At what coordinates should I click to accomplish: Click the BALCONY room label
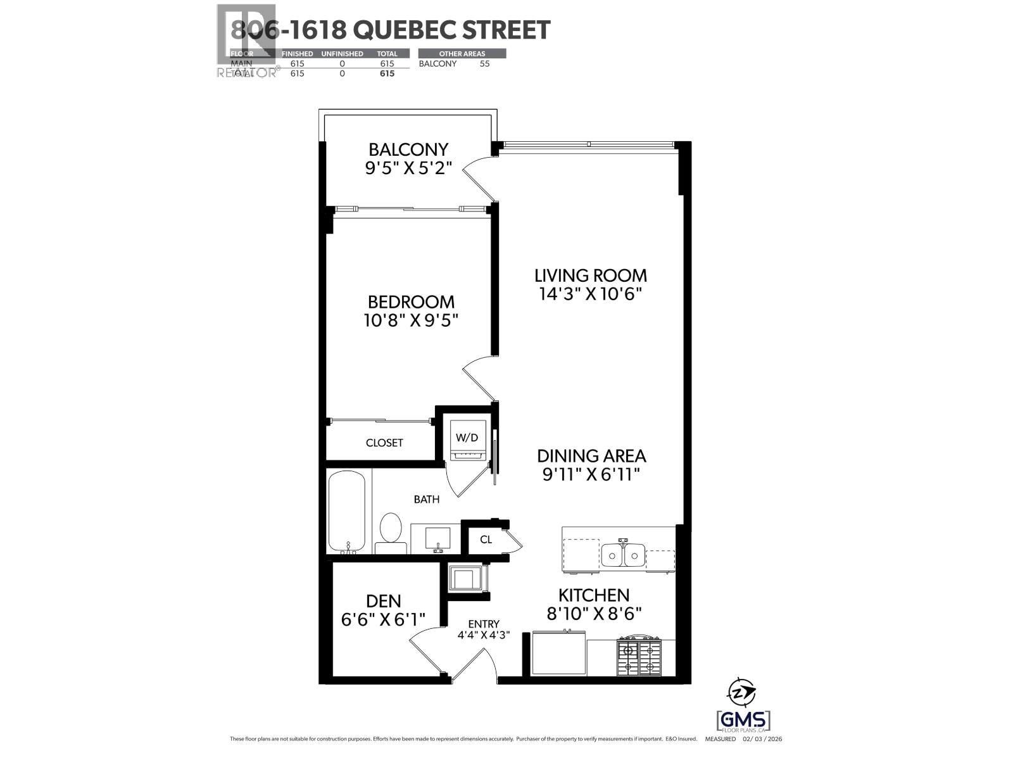click(408, 149)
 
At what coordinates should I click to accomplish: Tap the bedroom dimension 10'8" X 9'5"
click(410, 320)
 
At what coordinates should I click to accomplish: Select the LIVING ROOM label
click(590, 275)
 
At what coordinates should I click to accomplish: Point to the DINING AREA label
click(591, 456)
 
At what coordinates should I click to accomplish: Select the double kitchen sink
click(623, 555)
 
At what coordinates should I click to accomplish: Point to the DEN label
click(383, 600)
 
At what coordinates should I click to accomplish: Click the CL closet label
click(486, 540)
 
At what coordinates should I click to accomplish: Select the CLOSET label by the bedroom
click(384, 443)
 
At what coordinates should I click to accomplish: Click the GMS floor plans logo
click(743, 721)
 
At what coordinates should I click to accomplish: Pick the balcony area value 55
click(484, 63)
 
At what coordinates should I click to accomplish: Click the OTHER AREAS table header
click(462, 54)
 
